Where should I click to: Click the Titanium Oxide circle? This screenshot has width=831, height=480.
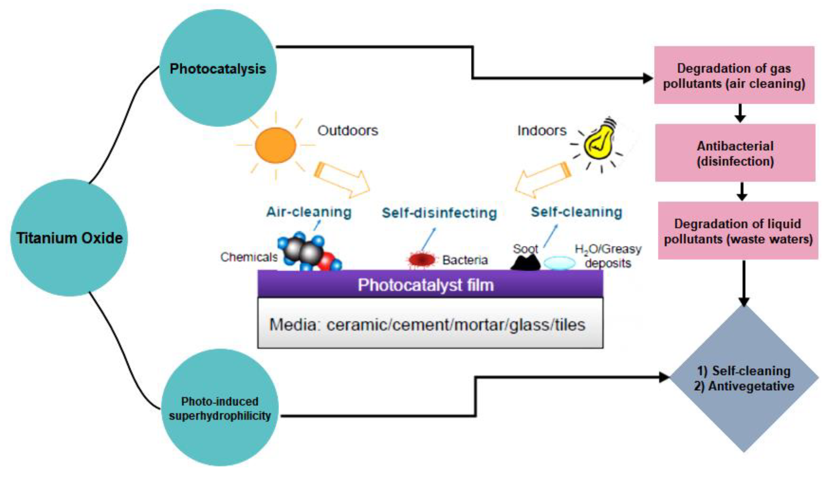(x=69, y=238)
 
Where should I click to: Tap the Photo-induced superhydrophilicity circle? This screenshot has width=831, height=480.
(x=220, y=408)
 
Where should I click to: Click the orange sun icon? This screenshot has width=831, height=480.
(x=275, y=145)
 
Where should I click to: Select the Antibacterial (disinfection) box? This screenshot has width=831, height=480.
(x=735, y=153)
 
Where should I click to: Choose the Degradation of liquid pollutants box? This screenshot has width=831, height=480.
(x=738, y=230)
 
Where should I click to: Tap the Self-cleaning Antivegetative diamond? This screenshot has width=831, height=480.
(x=744, y=378)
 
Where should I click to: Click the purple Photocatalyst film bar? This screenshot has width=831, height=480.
(x=430, y=284)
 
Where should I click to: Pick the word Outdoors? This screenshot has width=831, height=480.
(x=347, y=131)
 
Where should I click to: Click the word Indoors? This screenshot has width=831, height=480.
(x=541, y=131)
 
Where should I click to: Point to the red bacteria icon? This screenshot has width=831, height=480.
(x=422, y=260)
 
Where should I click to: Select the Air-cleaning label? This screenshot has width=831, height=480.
(x=309, y=212)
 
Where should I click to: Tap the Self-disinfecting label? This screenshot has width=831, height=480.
(x=439, y=213)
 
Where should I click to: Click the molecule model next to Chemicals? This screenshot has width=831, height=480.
(x=309, y=252)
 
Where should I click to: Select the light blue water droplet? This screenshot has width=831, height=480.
(x=559, y=263)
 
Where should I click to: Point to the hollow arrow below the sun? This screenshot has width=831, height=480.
(x=343, y=180)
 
